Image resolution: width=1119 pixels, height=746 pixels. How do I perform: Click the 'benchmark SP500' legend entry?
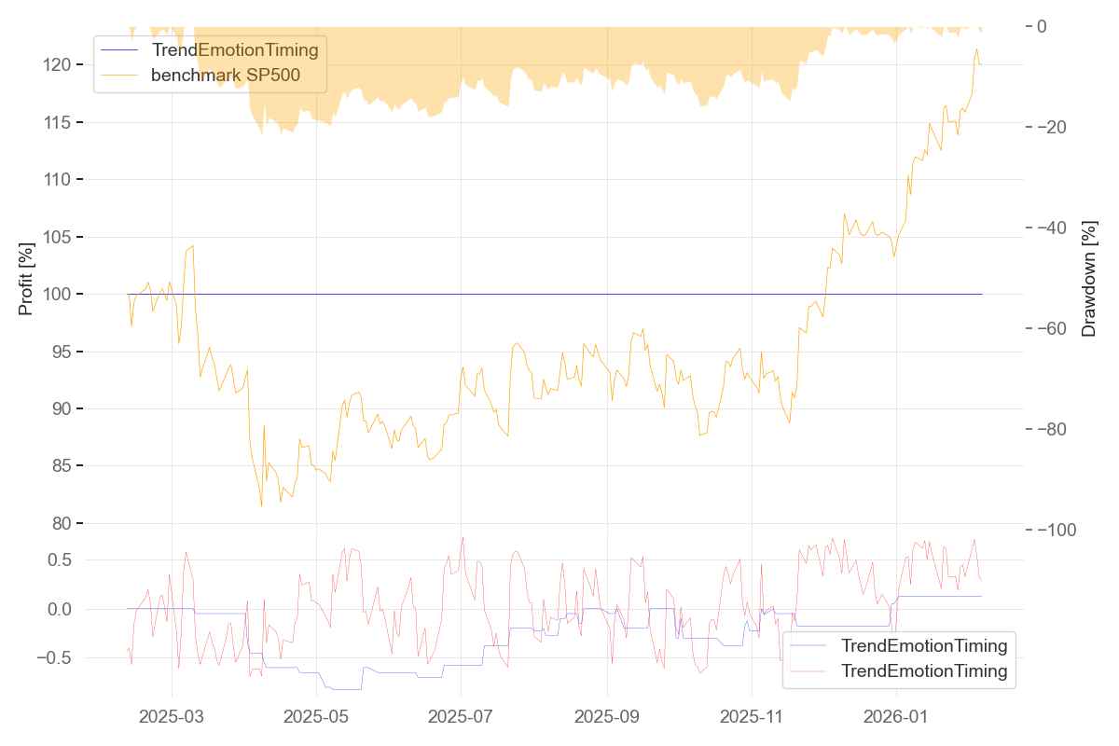(225, 76)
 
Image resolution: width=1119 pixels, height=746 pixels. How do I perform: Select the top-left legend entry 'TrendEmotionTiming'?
(234, 49)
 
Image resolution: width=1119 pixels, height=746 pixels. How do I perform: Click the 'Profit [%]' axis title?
(26, 278)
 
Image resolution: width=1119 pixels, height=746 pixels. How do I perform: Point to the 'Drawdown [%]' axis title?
(1088, 278)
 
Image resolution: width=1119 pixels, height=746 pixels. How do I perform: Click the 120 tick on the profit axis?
(58, 65)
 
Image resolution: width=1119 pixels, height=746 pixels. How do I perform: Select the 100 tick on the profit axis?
(58, 295)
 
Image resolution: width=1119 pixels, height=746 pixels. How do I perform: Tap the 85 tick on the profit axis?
(62, 466)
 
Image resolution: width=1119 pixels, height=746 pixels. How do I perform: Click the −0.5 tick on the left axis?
(55, 658)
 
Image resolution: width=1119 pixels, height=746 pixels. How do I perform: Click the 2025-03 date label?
(172, 717)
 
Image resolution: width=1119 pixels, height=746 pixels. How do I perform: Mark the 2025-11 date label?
(752, 717)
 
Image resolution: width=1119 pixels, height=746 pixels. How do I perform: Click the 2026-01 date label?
(896, 717)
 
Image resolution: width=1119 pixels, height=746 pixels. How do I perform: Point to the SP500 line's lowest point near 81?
(262, 506)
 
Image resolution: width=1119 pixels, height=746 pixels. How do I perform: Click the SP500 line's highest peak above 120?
(977, 49)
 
